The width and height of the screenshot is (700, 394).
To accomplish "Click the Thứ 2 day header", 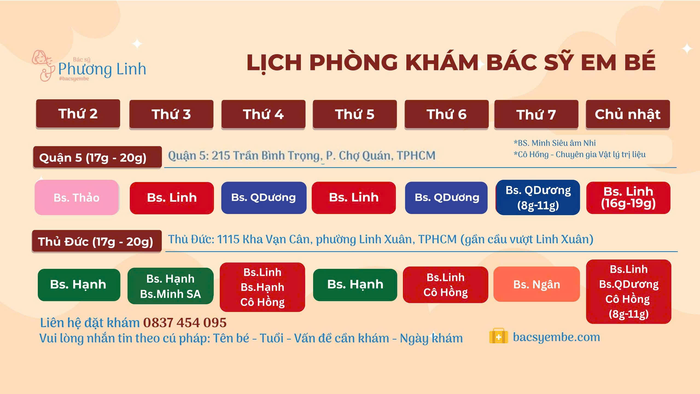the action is [x=78, y=114].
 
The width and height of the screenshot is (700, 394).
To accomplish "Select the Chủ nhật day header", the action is [x=628, y=114].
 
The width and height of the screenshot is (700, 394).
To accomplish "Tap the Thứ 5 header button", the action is [x=355, y=114].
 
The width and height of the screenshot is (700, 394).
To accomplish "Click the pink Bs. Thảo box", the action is [x=77, y=197].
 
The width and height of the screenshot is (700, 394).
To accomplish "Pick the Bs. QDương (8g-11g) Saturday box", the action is [x=538, y=197].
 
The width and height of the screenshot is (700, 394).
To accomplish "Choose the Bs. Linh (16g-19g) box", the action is [x=628, y=198].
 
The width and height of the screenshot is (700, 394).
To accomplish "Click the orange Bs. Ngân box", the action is [x=537, y=284].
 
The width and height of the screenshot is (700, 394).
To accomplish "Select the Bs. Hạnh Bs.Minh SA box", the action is [x=170, y=286].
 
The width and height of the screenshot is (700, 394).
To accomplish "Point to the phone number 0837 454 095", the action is [x=185, y=323].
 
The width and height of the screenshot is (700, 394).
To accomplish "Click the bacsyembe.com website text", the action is [x=556, y=337].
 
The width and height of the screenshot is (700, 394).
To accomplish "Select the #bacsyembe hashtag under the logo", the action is [x=74, y=79].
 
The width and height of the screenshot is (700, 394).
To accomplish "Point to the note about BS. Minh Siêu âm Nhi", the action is [x=555, y=143].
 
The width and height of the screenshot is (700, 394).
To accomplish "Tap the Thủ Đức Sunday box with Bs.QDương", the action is [x=629, y=292].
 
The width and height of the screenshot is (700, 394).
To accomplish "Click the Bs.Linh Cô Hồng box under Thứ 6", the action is [x=446, y=285].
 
